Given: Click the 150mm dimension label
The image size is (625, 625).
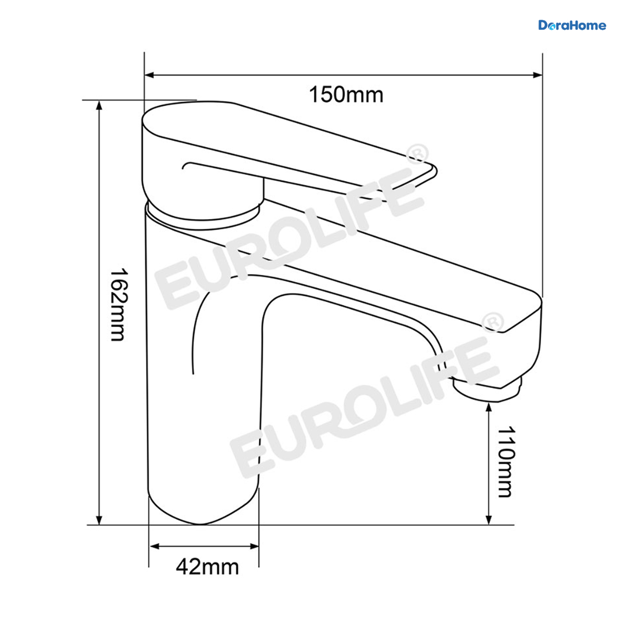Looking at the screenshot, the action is pos(346,95).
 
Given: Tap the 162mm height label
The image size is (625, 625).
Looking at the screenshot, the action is pos(117,305).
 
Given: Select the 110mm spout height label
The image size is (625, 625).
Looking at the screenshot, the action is pos(506,462).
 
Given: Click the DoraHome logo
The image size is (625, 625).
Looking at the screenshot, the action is pos(572,26).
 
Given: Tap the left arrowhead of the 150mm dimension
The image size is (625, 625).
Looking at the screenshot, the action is pos(149,75).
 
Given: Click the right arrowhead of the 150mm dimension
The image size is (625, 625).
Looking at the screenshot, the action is pos(537,75).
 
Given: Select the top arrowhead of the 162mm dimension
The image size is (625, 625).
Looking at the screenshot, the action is pos(99,105).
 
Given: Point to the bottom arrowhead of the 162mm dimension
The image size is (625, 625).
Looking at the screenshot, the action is pos(99,520).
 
